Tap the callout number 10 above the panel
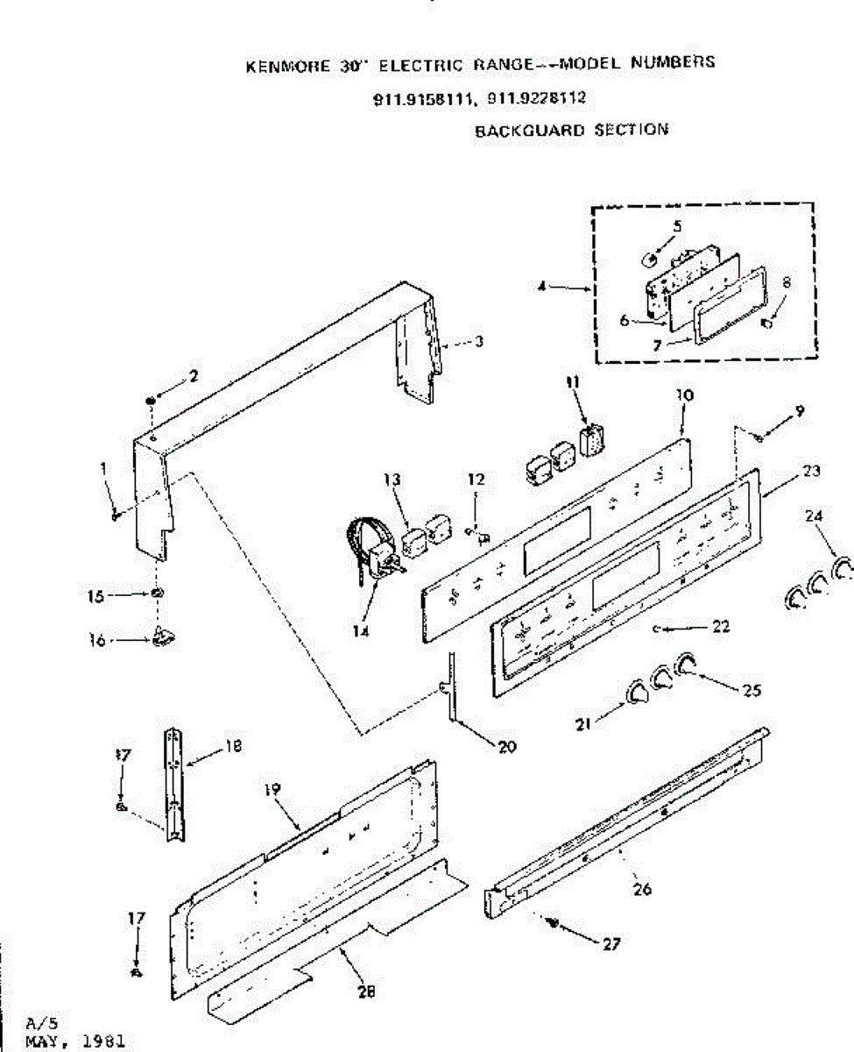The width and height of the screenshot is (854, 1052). (x=684, y=395)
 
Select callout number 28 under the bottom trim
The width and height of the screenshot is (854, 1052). (x=366, y=992)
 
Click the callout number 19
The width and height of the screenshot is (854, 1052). (x=272, y=790)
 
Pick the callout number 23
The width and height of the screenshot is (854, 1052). (x=811, y=471)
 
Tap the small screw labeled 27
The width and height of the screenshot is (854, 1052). (x=552, y=921)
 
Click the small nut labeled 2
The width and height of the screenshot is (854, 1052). (x=152, y=401)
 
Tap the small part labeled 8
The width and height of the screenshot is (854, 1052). (x=767, y=323)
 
